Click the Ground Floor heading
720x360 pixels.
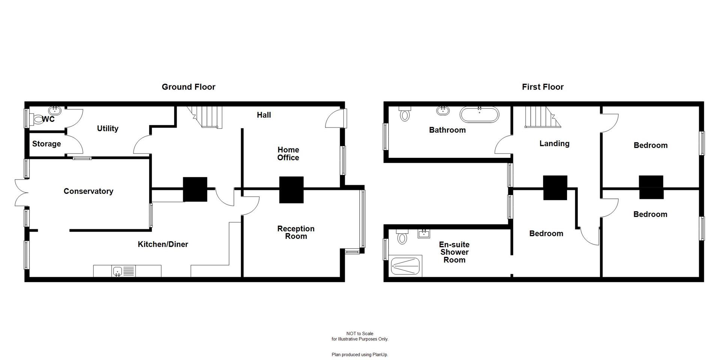(x=188, y=87)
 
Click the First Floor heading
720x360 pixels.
(x=542, y=87)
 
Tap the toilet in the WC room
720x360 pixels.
(x=38, y=120)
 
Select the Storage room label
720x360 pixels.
(x=46, y=144)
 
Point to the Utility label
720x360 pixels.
(x=108, y=129)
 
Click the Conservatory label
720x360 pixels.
(x=88, y=191)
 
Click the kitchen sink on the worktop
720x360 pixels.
(x=118, y=271)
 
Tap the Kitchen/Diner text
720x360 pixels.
(x=163, y=244)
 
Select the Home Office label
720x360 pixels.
(x=288, y=154)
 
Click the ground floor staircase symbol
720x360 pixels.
(x=209, y=117)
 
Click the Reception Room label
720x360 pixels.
(x=296, y=232)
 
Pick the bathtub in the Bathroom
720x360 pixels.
(x=479, y=114)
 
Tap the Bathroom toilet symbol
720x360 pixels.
(x=404, y=114)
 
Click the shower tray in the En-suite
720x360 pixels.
(x=406, y=266)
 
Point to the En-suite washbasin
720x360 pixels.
(x=424, y=234)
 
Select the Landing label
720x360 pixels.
(x=554, y=144)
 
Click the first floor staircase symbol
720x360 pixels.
(x=540, y=117)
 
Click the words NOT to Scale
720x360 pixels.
(x=360, y=333)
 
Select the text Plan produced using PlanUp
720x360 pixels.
(x=360, y=354)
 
